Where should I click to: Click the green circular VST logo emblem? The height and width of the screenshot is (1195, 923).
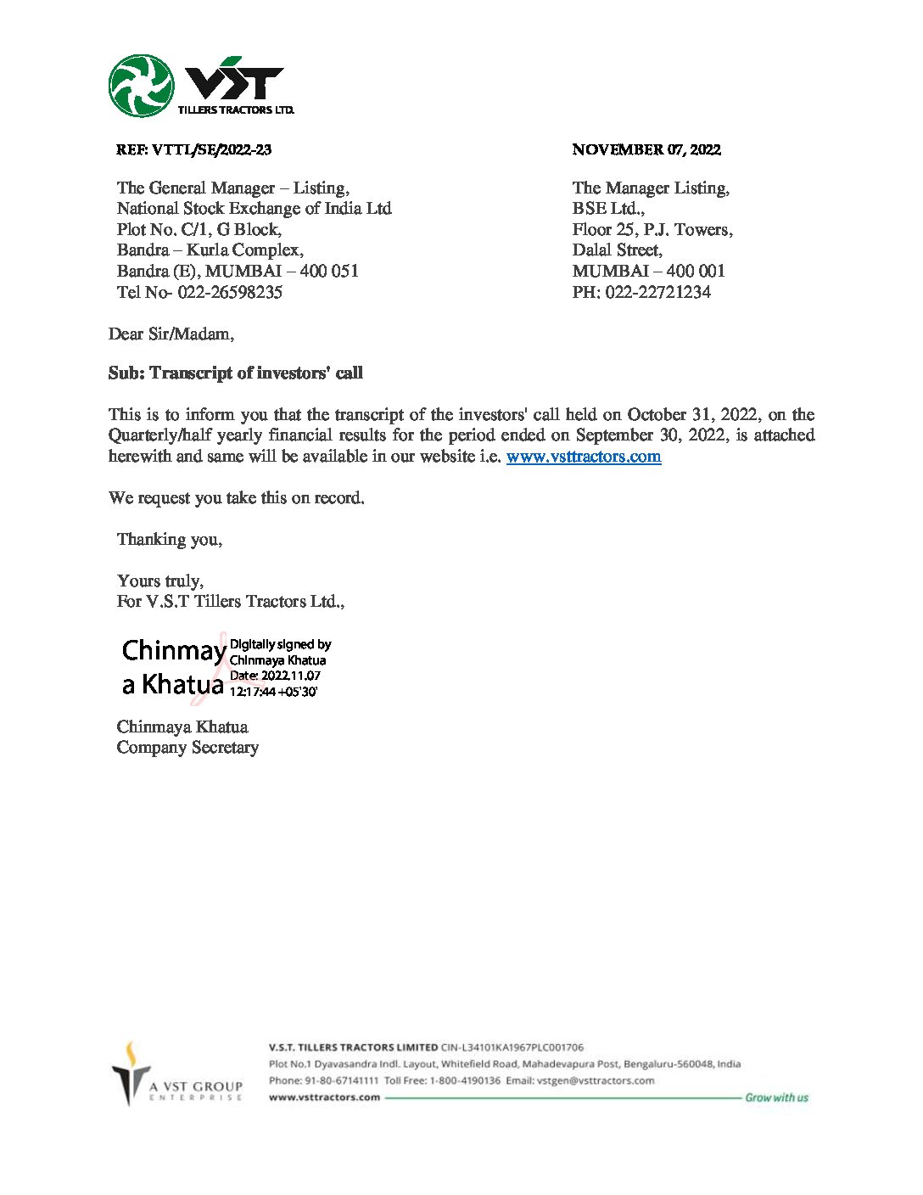142,86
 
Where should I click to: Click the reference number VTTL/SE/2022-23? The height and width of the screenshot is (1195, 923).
211,150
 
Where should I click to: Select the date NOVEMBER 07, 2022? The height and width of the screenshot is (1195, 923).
646,150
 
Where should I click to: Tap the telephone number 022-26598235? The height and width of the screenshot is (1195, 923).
230,293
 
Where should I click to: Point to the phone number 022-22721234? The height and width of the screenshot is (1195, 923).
657,293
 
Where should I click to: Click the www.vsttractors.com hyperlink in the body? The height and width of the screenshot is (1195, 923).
584,457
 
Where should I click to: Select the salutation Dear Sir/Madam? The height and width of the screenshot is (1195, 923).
171,334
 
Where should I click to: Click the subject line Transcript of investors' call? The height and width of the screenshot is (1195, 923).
256,373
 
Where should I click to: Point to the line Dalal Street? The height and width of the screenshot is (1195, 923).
617,250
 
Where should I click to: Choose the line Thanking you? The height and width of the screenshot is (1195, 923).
170,540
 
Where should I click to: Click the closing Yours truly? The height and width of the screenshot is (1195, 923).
160,581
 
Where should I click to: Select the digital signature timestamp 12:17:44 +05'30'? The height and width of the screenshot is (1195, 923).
273,692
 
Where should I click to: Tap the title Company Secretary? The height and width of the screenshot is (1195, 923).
187,748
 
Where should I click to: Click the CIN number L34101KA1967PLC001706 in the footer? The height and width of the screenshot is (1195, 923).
512,1047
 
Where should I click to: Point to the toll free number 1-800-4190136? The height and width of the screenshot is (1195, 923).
465,1080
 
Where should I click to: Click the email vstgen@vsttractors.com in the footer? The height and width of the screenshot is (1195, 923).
595,1080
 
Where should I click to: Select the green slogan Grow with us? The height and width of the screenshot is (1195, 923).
776,1097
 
